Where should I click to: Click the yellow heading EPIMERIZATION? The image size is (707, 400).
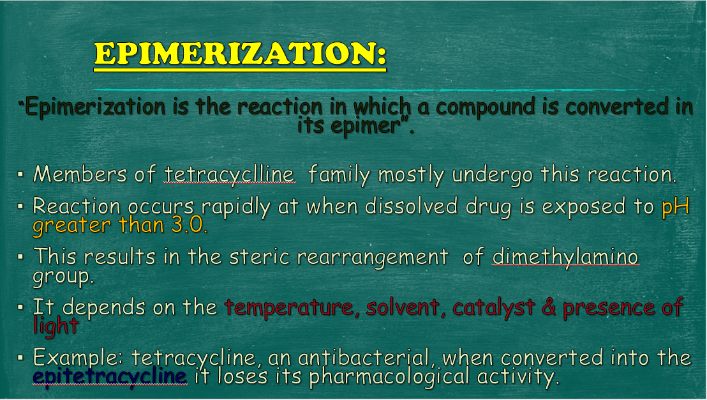(x=240, y=54)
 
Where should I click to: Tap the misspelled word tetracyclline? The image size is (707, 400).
(x=230, y=174)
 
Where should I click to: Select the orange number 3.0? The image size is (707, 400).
(x=190, y=225)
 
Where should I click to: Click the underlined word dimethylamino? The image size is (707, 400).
(x=565, y=256)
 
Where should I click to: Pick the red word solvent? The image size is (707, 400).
(x=403, y=307)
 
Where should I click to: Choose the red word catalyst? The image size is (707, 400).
(x=493, y=307)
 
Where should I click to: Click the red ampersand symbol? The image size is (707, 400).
(x=549, y=307)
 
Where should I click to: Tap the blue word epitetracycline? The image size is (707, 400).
(x=110, y=376)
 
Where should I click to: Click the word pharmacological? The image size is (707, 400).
(x=389, y=377)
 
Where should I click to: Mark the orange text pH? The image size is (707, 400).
(x=676, y=207)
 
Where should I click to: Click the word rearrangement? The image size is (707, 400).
(x=373, y=257)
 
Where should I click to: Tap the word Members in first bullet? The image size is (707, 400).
(x=80, y=174)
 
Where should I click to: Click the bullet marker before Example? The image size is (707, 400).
(x=20, y=358)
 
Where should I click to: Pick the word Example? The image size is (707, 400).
(x=78, y=358)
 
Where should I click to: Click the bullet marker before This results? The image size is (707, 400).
(x=20, y=256)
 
